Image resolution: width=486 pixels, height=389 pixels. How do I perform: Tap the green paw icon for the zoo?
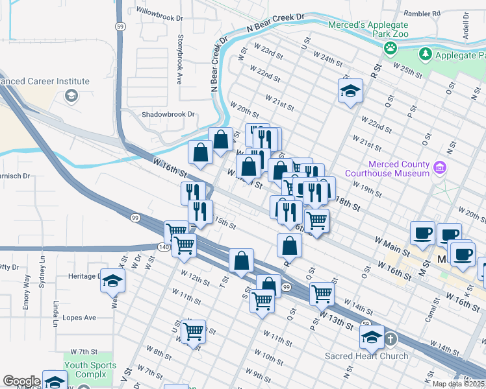(390, 47)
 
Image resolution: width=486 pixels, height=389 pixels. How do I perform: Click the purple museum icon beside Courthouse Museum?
(441, 168)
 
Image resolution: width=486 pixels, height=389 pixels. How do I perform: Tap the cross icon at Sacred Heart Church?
(390, 338)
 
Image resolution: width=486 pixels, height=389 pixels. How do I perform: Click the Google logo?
(21, 381)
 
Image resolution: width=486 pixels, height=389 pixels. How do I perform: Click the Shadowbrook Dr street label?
(168, 114)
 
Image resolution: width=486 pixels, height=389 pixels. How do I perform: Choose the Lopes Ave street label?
(79, 318)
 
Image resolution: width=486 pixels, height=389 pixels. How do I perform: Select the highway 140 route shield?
(164, 247)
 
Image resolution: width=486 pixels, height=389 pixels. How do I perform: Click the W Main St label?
(392, 245)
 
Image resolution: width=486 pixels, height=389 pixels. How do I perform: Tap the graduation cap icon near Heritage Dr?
(112, 280)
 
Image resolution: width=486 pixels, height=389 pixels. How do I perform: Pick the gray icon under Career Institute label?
(71, 97)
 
